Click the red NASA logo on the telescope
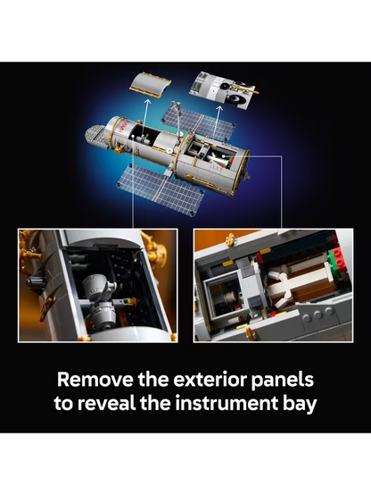point(122,126)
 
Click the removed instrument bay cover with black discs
point(223,90)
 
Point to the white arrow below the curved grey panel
point(145,116)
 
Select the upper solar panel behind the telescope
point(199,123)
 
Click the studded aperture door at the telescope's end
point(95,136)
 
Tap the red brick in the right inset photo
point(340,257)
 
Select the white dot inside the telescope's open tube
point(134,137)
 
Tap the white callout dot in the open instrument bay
point(223,156)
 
